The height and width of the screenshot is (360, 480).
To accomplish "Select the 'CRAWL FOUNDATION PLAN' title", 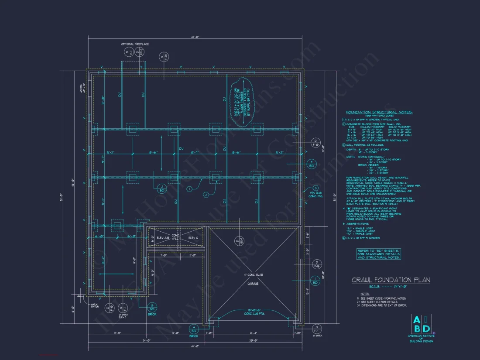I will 391,280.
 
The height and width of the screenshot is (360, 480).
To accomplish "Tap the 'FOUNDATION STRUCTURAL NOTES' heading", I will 379,112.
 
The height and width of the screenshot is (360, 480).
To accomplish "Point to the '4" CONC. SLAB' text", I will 254,275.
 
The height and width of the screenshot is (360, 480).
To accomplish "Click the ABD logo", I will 421,324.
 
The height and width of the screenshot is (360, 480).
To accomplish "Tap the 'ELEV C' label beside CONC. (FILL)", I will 193,238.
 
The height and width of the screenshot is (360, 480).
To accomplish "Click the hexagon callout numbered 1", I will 189,189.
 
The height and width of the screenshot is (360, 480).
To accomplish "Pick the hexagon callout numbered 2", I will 205,195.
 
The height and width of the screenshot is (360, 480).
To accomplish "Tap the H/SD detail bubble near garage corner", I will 194,329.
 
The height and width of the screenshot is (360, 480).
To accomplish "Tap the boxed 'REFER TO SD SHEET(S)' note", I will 378,254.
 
